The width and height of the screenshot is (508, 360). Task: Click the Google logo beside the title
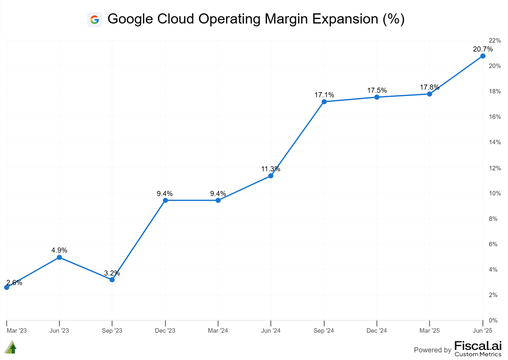[x=94, y=20]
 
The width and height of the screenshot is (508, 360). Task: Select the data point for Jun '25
[x=483, y=56]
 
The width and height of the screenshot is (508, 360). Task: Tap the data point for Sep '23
[x=112, y=280]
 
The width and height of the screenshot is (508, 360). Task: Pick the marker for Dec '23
[x=165, y=200]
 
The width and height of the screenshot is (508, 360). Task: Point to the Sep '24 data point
[x=324, y=102]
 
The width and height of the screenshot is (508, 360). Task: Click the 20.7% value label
[x=483, y=49]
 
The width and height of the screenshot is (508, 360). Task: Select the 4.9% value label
[x=59, y=250]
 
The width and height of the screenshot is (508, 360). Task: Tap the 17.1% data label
[x=324, y=95]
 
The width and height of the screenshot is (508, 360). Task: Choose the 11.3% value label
[x=271, y=169]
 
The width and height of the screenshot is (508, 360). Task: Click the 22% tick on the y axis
[x=495, y=41]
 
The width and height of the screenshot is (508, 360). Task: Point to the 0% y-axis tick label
[x=493, y=320]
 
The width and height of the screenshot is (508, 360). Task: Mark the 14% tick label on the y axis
[x=495, y=142]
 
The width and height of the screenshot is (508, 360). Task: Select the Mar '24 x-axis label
[x=218, y=331]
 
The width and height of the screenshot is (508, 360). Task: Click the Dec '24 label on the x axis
[x=377, y=331]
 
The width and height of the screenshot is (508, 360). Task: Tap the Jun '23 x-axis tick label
[x=59, y=331]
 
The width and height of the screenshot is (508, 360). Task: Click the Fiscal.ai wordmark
[x=478, y=346]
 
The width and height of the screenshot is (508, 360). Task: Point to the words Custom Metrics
[x=478, y=354]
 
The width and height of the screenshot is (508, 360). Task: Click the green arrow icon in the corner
[x=11, y=347]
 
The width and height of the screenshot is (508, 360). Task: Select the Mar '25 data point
[x=430, y=94]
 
